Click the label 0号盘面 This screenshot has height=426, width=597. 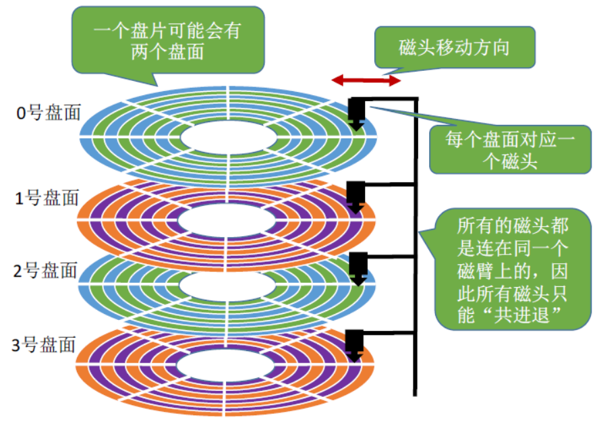click(46, 113)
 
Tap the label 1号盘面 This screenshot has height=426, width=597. click(46, 198)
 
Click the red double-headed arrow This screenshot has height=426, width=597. click(366, 80)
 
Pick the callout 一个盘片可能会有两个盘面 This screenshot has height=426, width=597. click(167, 42)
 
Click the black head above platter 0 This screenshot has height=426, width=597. click(356, 113)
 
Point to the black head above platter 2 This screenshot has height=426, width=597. click(356, 266)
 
